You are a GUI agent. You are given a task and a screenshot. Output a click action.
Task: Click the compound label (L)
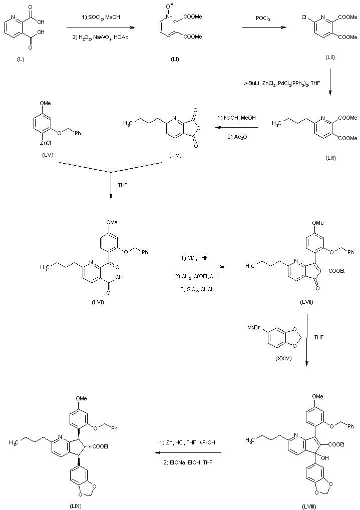[x=20, y=60]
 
